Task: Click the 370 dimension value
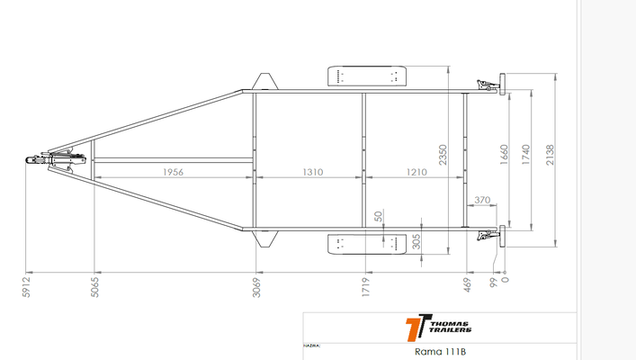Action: click(x=482, y=200)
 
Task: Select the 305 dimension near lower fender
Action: click(x=417, y=241)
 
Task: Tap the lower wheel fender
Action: click(x=365, y=243)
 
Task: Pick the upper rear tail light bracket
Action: click(x=491, y=86)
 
